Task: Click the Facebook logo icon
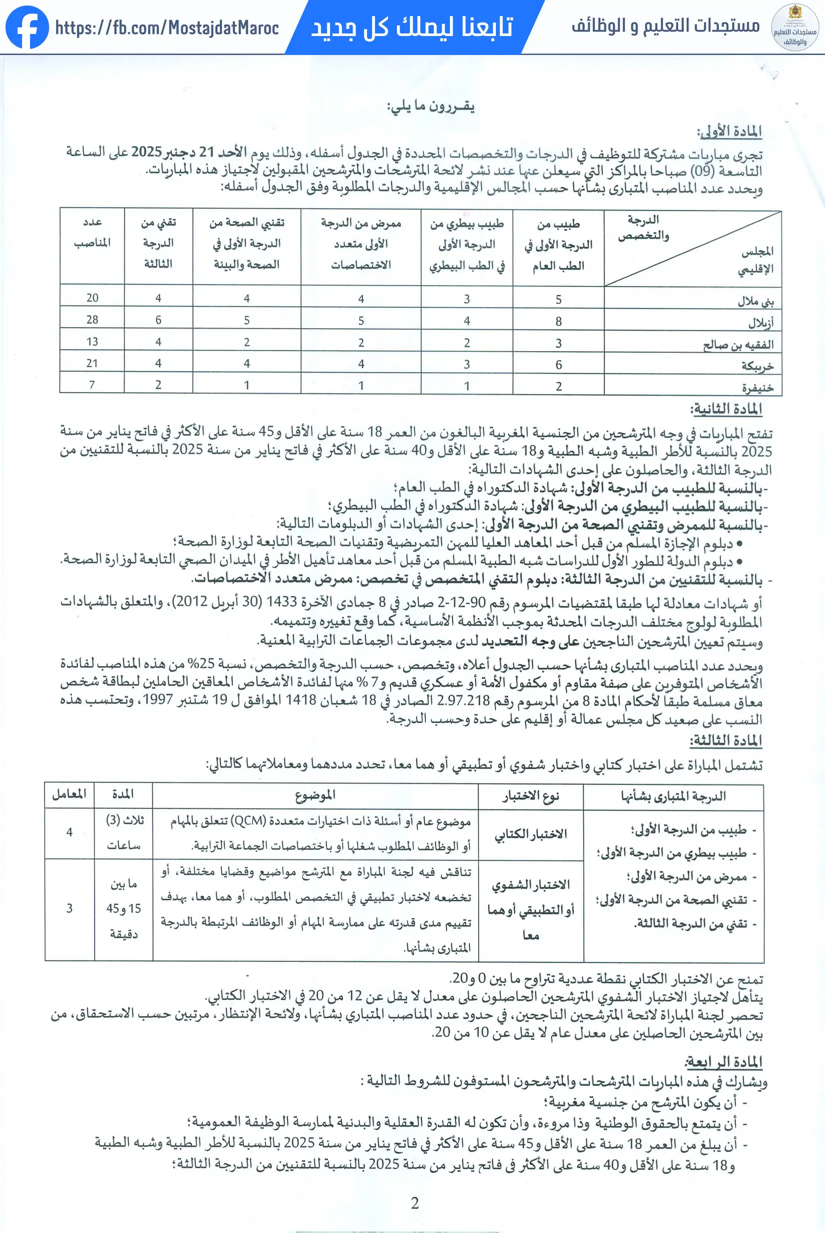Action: tap(27, 27)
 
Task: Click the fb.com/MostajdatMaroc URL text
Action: tap(167, 27)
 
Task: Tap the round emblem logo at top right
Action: tap(794, 27)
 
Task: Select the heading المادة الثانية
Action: tap(726, 408)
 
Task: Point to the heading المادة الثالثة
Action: tap(726, 740)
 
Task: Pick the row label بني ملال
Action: tap(755, 301)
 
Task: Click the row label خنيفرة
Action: tap(757, 387)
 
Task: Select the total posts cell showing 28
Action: tap(92, 320)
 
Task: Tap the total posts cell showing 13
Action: tap(92, 342)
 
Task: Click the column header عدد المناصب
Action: tap(92, 232)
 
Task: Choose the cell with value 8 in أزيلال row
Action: tap(558, 321)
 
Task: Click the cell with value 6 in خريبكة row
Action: tap(558, 364)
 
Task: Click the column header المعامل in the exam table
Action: tap(69, 794)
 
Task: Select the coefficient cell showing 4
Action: tap(69, 832)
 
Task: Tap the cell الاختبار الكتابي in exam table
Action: tap(530, 833)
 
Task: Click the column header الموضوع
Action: tap(314, 795)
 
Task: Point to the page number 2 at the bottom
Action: tap(414, 1203)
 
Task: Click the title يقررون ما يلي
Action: tap(430, 106)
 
